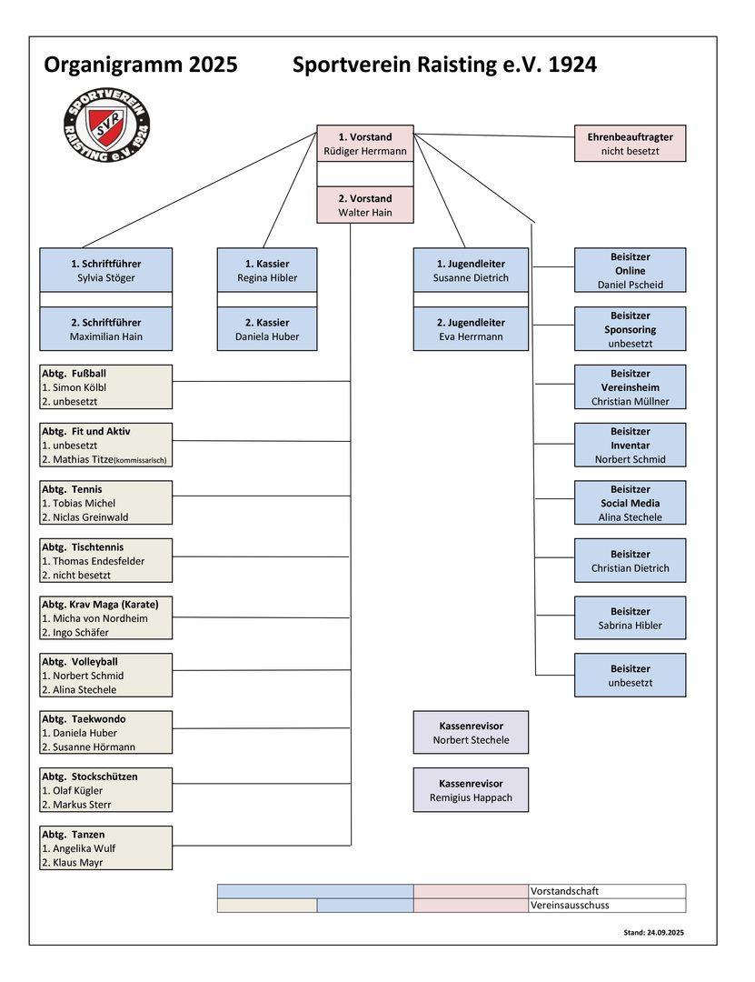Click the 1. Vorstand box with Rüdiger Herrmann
(365, 144)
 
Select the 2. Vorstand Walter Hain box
(365, 205)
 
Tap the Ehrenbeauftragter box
(630, 144)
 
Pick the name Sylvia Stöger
(106, 278)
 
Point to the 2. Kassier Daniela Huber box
(267, 329)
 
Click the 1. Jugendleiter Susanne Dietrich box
(471, 270)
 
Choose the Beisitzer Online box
(630, 270)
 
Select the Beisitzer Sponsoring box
(630, 329)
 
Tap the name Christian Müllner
(630, 401)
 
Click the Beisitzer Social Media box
(630, 503)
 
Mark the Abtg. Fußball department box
(106, 386)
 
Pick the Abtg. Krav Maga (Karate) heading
(100, 605)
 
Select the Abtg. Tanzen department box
(106, 847)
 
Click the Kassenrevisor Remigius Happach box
(471, 789)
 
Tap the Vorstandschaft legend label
(564, 891)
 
